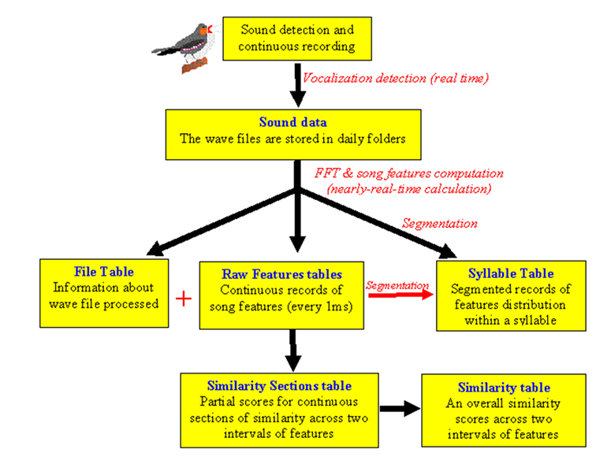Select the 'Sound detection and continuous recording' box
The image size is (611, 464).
pyautogui.click(x=297, y=39)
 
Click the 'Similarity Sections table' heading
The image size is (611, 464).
pyautogui.click(x=278, y=386)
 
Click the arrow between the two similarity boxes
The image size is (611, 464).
pyautogui.click(x=399, y=409)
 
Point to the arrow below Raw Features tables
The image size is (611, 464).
pyautogui.click(x=293, y=351)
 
